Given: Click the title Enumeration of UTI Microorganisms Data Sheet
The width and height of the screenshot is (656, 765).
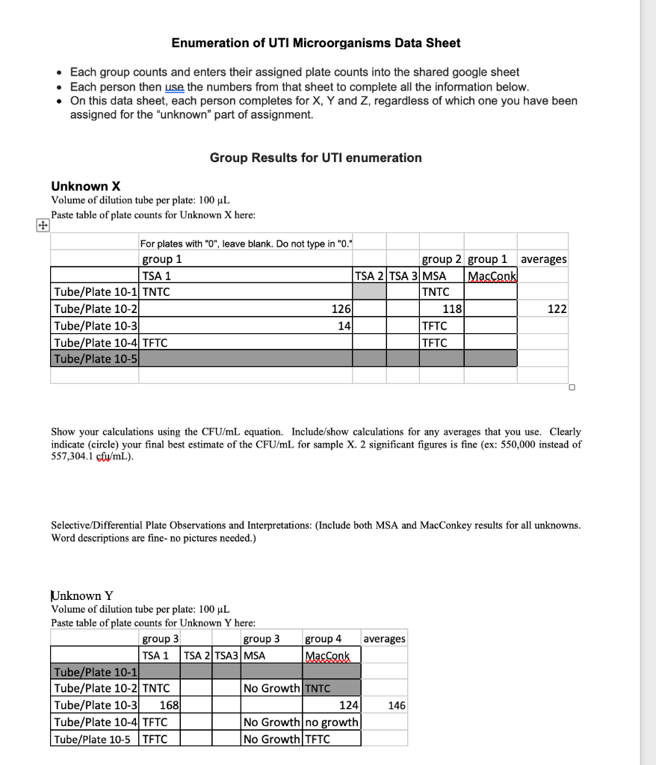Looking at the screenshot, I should (x=316, y=43).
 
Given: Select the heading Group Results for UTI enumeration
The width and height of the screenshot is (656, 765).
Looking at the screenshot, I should (x=315, y=158).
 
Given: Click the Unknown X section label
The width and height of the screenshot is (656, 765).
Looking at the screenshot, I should (x=86, y=186).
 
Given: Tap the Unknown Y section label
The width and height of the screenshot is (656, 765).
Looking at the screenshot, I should (x=82, y=595).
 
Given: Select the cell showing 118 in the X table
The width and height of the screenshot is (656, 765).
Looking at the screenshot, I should (x=452, y=309).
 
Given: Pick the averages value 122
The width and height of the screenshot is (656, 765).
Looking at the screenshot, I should (x=556, y=309).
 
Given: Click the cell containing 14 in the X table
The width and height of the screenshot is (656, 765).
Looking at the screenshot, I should (x=344, y=326).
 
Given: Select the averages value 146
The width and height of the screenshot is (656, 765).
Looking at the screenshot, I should (x=395, y=705).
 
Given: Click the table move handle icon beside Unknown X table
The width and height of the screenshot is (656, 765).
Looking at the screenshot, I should (x=43, y=225).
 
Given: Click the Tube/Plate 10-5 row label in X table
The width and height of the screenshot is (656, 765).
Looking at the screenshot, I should (x=94, y=359).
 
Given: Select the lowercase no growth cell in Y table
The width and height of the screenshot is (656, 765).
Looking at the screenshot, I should (x=331, y=722).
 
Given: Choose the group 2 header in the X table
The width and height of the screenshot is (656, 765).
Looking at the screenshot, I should (x=442, y=259).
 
